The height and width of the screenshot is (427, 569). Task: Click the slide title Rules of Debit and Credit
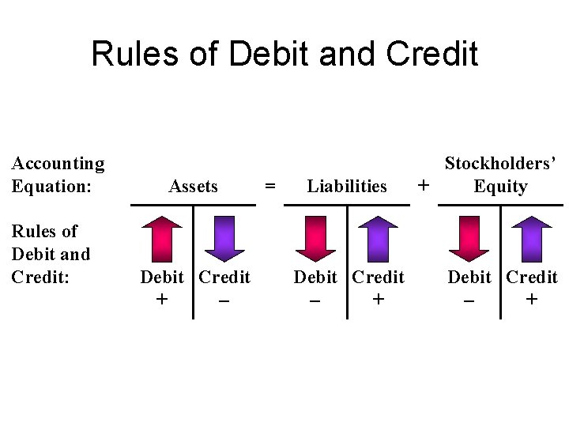pos(284,54)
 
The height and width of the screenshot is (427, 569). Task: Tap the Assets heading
pos(193,187)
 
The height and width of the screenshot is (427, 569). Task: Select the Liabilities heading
pos(347,187)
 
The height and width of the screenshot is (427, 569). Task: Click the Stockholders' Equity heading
pos(500,175)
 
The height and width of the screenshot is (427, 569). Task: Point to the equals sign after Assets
pos(270,187)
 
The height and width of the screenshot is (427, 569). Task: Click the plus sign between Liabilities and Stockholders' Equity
pos(424,186)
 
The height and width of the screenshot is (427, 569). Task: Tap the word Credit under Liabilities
pos(378,278)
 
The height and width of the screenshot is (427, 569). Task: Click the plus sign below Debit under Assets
pos(162,300)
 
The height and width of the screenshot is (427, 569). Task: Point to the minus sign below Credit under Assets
pos(224,300)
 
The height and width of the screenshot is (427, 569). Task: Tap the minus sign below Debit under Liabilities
pos(315,300)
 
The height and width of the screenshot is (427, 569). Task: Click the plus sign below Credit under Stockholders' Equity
pos(531,300)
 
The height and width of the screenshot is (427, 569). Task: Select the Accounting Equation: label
pos(58,175)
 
